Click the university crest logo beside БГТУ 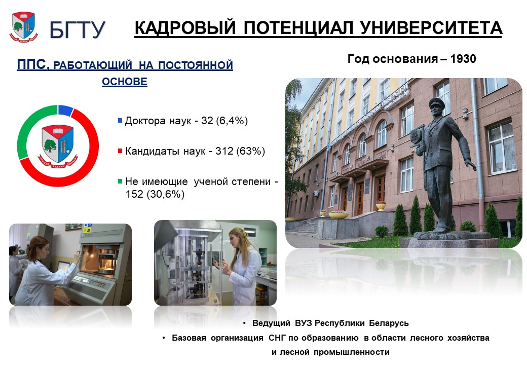click(23, 27)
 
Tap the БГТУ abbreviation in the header click(78, 29)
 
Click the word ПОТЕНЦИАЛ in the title click(298, 27)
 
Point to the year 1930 click(463, 59)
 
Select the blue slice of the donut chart click(65, 110)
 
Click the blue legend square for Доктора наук click(120, 120)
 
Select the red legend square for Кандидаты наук click(120, 151)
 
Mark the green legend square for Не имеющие click(120, 181)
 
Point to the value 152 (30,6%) click(155, 194)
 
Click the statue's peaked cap click(437, 102)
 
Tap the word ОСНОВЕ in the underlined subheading click(125, 81)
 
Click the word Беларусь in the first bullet click(389, 323)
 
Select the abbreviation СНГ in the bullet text click(277, 338)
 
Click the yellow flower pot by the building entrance click(381, 205)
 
